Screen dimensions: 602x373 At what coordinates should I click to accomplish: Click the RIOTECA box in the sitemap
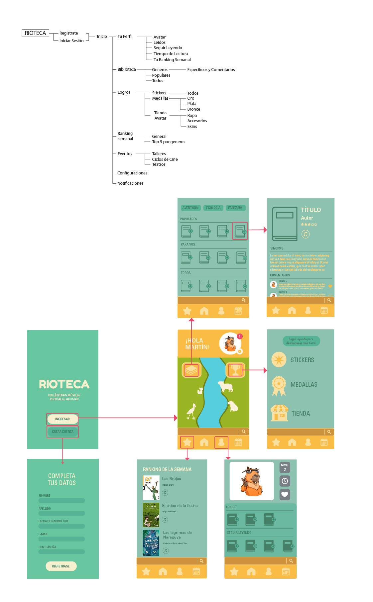(x=35, y=33)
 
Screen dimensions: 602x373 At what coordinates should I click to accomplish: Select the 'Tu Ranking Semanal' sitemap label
(x=172, y=60)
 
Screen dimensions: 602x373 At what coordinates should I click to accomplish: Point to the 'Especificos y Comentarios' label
(x=211, y=70)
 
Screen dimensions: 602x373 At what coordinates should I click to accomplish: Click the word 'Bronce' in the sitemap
(x=193, y=109)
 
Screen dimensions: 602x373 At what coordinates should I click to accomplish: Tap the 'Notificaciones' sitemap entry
(x=130, y=183)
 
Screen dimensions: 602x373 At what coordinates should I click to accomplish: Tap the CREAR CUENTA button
(x=62, y=432)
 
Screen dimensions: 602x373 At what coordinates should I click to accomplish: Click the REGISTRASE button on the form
(x=61, y=566)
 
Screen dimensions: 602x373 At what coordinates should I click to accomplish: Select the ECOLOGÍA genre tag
(x=213, y=208)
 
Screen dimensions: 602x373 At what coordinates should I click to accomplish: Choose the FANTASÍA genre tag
(x=235, y=208)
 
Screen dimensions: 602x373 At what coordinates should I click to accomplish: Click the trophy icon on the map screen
(x=235, y=370)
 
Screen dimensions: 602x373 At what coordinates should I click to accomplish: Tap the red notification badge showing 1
(x=239, y=336)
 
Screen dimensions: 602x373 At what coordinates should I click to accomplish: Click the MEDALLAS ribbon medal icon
(x=279, y=385)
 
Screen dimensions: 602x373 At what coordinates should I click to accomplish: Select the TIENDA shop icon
(x=279, y=413)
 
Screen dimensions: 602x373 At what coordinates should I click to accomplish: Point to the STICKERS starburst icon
(x=279, y=359)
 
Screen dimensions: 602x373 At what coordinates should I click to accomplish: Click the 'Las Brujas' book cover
(x=151, y=487)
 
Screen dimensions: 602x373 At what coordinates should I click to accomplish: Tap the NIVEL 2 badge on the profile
(x=285, y=467)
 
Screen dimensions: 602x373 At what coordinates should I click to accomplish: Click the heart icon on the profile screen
(x=285, y=494)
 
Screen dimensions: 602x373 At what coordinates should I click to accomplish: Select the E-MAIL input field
(x=62, y=539)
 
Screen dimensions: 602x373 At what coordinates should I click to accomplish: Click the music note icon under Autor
(x=306, y=234)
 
